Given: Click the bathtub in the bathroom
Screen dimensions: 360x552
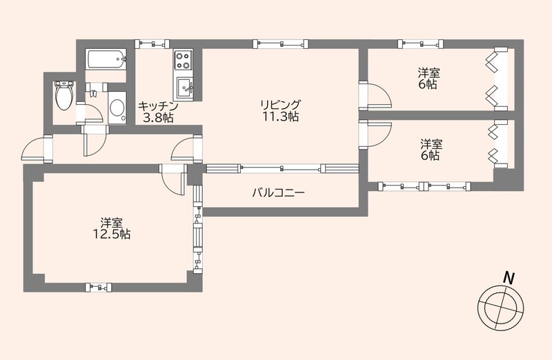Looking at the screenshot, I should pyautogui.click(x=106, y=59).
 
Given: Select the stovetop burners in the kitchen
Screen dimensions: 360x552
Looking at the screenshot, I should pyautogui.click(x=184, y=59).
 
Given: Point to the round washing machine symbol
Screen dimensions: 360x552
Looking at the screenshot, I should pyautogui.click(x=117, y=108).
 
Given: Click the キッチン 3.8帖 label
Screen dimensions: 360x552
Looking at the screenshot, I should pyautogui.click(x=158, y=112).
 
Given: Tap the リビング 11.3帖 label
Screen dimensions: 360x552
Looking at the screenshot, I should pyautogui.click(x=280, y=111).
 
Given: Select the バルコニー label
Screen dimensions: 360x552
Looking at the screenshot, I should pyautogui.click(x=277, y=193).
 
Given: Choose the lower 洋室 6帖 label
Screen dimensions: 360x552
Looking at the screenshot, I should pyautogui.click(x=431, y=150).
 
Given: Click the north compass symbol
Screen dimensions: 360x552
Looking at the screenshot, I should pyautogui.click(x=497, y=306).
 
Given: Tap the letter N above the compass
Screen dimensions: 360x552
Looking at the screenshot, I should pyautogui.click(x=509, y=277).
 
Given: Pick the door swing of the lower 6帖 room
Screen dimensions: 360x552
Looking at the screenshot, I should pyautogui.click(x=375, y=133).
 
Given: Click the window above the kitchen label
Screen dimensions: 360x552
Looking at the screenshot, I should pyautogui.click(x=152, y=43).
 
